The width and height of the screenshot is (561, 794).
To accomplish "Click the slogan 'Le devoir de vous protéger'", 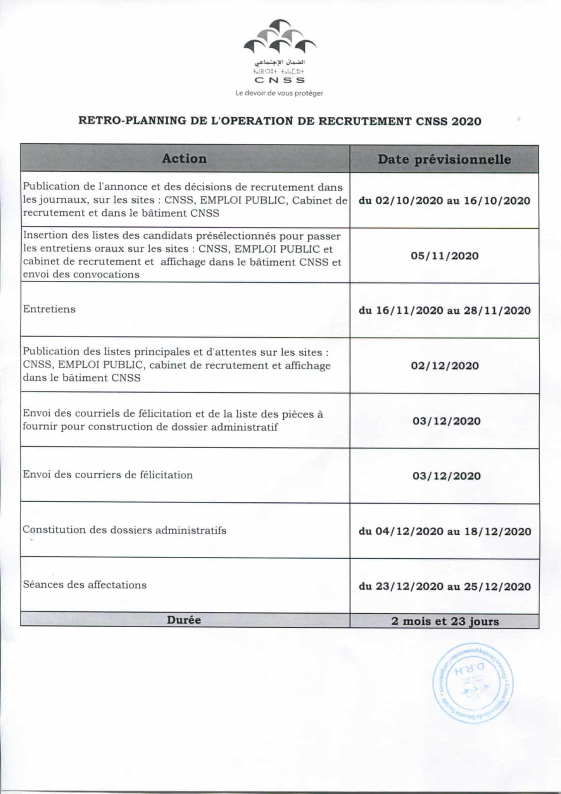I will (279, 93).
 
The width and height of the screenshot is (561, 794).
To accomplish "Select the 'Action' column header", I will (184, 159).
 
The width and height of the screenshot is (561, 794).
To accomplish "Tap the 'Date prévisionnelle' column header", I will (444, 159).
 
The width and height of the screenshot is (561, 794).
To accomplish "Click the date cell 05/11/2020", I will (445, 256).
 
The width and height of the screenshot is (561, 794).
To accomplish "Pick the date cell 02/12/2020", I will (445, 366).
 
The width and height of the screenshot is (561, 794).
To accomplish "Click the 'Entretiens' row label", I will (49, 309).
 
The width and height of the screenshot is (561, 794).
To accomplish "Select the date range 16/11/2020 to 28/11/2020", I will (445, 311).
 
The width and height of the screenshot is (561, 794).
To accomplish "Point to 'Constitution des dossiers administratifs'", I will (124, 530).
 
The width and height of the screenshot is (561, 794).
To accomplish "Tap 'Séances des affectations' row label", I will (85, 585).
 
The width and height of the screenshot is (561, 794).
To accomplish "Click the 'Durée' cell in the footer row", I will (184, 620).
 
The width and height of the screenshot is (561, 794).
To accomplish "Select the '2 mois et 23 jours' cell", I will (445, 621).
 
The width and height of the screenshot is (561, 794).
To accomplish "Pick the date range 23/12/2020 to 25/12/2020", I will (445, 586).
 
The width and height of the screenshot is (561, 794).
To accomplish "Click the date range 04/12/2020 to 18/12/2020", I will (445, 531).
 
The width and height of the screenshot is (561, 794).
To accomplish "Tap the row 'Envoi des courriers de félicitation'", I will (108, 475).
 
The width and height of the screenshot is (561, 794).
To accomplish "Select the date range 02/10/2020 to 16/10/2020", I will (445, 201).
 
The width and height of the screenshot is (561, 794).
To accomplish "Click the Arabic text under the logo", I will (280, 63).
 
